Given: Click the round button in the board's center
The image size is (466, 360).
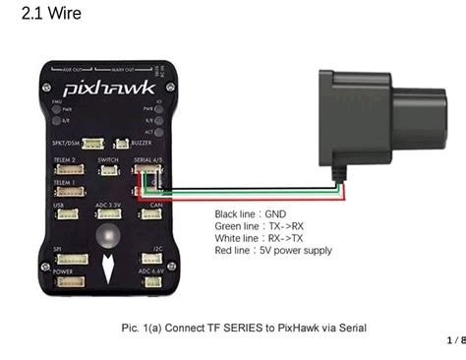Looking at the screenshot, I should [x=106, y=237].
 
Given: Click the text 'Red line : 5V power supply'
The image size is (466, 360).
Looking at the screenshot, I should [x=273, y=251].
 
